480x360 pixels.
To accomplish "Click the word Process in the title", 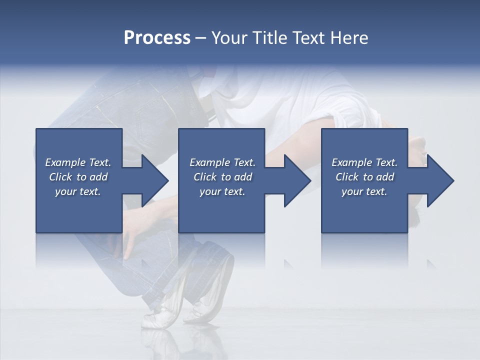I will point(157,38).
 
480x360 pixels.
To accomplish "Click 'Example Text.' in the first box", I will point(78,162).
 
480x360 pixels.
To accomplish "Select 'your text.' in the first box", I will point(78,191).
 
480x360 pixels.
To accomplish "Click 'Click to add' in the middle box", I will point(222,177).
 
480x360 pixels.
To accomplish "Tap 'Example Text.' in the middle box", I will point(222,162).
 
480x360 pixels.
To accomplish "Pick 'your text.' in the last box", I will point(364,191).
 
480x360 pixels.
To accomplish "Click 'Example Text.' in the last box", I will point(364,162).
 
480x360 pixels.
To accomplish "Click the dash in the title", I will point(200,38).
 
